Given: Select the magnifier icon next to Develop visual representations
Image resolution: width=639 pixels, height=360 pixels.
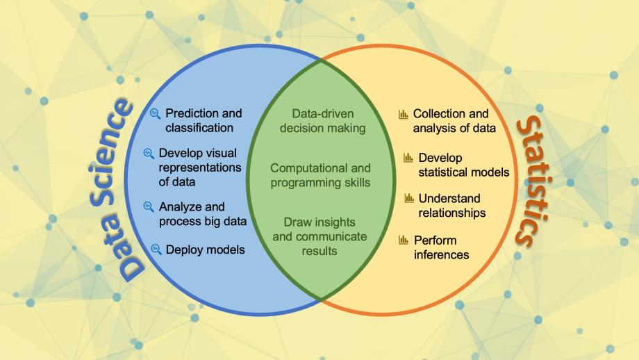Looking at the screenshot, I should coord(148,152).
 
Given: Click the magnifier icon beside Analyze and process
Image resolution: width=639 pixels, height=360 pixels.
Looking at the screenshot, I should coord(148,206).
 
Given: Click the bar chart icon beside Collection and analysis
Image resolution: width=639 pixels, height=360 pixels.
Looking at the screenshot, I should coord(403,114).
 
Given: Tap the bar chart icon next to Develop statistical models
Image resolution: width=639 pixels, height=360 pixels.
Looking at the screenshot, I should coord(408,158).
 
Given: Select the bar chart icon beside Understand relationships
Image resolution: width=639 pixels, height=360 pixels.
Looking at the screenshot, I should coord(409,199).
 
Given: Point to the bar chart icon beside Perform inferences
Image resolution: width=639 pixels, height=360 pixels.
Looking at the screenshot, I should coord(404,240).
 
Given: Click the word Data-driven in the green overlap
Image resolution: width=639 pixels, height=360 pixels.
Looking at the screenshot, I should coord(322,114).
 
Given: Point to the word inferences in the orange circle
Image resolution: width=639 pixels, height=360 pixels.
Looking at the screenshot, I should coord(441,254).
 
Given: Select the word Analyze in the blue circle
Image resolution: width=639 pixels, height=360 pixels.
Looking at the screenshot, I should coord(182,206).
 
